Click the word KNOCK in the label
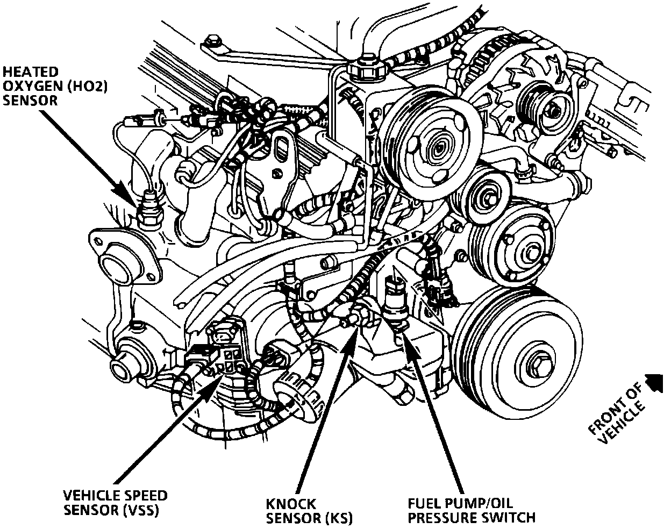coord(291,504)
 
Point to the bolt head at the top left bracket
coord(211,41)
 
